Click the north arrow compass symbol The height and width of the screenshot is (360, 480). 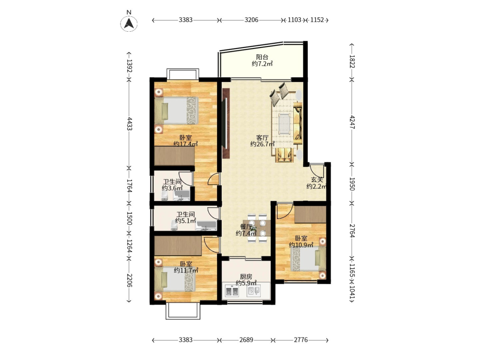point(129,23)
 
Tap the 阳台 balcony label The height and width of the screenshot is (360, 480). point(262,57)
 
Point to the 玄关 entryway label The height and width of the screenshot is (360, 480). point(317,180)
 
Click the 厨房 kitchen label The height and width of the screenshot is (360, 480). point(246,276)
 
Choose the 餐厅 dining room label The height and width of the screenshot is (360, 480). point(246,227)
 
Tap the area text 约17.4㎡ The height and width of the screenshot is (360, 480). point(185,144)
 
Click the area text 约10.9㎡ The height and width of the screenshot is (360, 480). point(301,245)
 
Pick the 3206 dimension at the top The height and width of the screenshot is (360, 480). point(252,20)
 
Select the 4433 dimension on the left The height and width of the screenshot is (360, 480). point(130,124)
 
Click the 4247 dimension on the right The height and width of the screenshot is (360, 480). point(352,122)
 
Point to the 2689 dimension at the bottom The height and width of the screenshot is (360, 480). point(246,340)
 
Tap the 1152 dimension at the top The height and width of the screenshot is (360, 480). point(317,20)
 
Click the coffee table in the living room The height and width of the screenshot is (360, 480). point(285,123)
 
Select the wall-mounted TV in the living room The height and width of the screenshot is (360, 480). point(226,123)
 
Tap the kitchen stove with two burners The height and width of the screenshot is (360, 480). point(232,291)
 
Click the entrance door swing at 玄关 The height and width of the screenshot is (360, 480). point(316,170)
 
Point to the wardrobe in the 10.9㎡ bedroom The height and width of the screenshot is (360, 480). point(310,214)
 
